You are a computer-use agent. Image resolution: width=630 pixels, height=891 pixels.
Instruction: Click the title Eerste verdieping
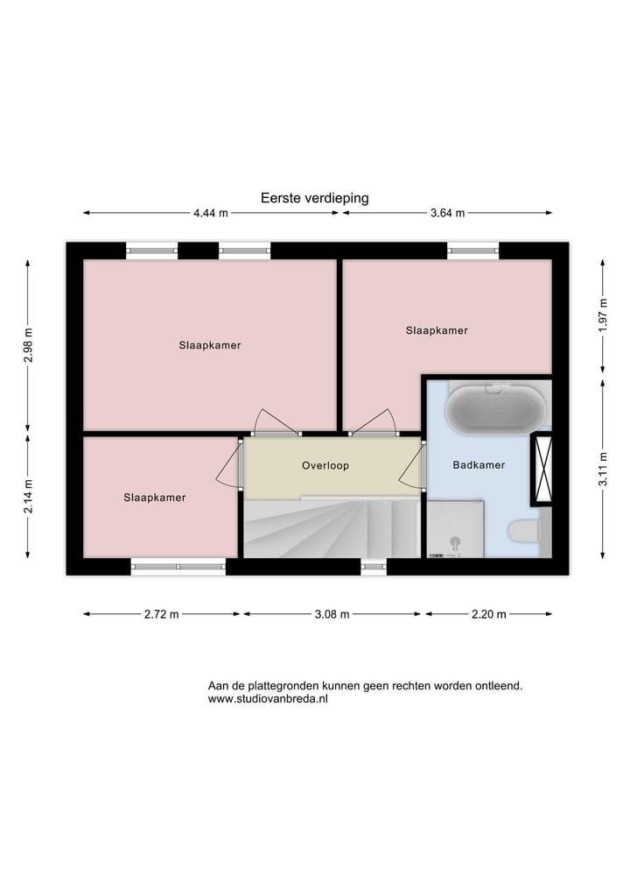click(x=314, y=198)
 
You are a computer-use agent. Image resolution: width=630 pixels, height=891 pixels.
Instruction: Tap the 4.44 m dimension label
click(x=211, y=213)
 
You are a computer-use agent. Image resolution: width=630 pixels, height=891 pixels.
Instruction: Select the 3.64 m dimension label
click(x=447, y=213)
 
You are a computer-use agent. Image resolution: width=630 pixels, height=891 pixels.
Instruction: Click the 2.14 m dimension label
click(x=28, y=495)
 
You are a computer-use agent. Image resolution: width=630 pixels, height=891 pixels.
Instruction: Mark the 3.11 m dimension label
click(x=603, y=468)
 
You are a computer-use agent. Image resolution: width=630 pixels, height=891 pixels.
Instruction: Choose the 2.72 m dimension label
click(x=161, y=614)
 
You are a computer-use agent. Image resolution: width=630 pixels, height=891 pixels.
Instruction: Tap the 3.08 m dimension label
click(x=332, y=614)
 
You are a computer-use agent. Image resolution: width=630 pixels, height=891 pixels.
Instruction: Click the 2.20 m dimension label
click(x=488, y=614)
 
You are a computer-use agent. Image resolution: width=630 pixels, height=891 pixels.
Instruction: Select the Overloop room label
click(x=325, y=466)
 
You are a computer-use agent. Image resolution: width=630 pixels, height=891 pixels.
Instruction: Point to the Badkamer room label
click(x=479, y=465)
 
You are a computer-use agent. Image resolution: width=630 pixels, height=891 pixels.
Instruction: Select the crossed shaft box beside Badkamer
click(x=542, y=467)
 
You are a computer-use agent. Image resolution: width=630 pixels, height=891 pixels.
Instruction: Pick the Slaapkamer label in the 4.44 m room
click(x=210, y=345)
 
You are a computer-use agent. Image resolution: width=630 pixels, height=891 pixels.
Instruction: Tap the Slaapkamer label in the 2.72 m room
click(x=155, y=498)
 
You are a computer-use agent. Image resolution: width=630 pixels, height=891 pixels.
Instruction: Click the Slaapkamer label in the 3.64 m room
click(x=437, y=330)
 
